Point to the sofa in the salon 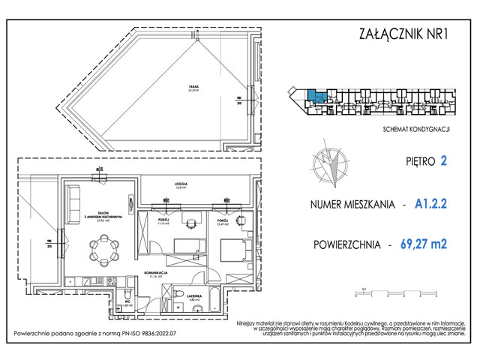pyautogui.click(x=73, y=200)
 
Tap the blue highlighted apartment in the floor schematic pyautogui.click(x=317, y=97)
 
